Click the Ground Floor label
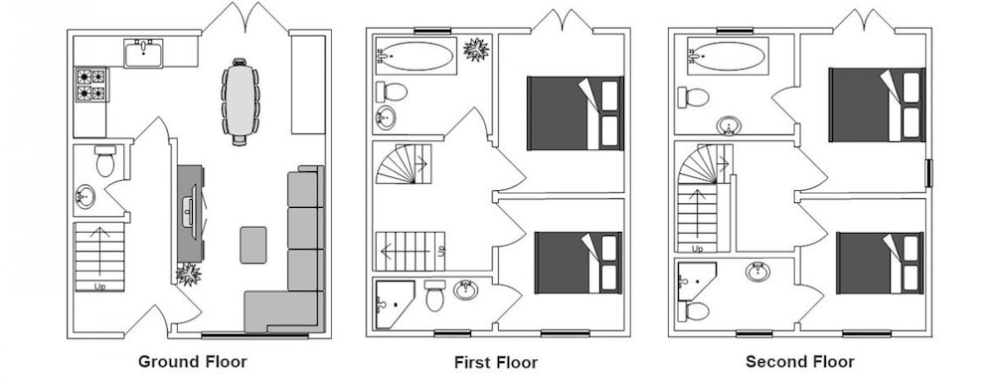(x=193, y=362)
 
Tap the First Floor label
(x=496, y=363)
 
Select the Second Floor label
(x=800, y=362)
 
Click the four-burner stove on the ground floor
(x=90, y=85)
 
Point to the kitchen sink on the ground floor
(x=143, y=54)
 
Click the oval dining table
(x=240, y=101)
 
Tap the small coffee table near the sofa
(x=252, y=245)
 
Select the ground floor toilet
(x=105, y=161)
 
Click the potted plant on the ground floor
(x=188, y=274)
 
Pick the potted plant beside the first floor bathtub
(x=476, y=50)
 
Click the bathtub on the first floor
(x=415, y=57)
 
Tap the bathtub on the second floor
(x=728, y=56)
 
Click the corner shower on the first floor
(x=395, y=304)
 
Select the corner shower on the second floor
(x=696, y=281)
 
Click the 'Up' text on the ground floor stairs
(x=99, y=287)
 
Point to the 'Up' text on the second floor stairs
(x=697, y=250)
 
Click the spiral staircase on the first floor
(x=404, y=164)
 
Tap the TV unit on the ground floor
(x=190, y=213)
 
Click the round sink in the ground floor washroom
(x=84, y=197)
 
